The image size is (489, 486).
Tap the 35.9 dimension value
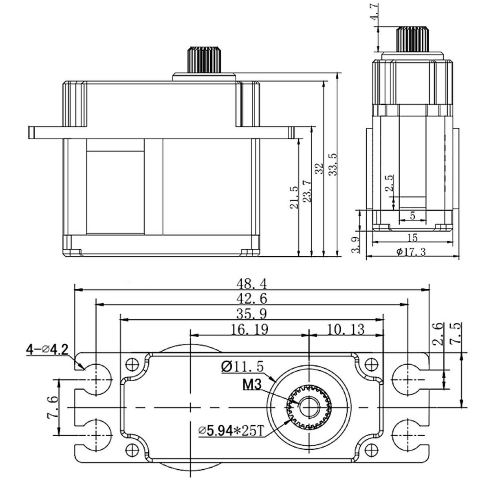pyautogui.click(x=252, y=314)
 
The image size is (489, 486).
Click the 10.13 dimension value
pyautogui.click(x=346, y=329)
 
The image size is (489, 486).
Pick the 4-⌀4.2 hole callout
pyautogui.click(x=46, y=349)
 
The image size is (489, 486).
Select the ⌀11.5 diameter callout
pyautogui.click(x=242, y=366)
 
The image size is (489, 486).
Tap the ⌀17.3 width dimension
pyautogui.click(x=411, y=252)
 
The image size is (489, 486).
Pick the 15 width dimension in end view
pyautogui.click(x=412, y=237)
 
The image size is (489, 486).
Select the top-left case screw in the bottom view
pyautogui.click(x=131, y=363)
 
